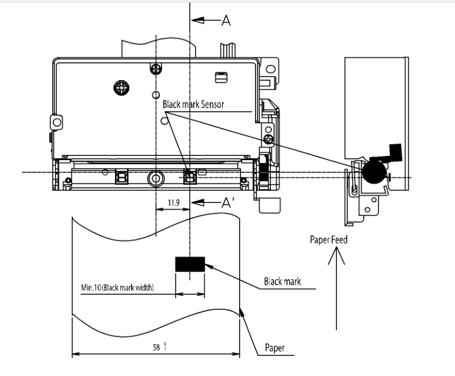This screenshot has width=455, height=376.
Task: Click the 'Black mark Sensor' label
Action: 193,105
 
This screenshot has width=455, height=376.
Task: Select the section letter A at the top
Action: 226,21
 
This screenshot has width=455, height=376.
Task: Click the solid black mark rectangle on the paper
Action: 190,264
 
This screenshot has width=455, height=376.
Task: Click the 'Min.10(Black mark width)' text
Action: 117,287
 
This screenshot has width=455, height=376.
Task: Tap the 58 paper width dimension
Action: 158,347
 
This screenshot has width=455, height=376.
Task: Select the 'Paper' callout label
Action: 275,349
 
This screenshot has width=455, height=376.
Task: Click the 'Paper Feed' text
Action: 328,240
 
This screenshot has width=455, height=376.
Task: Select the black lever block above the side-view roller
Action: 394,150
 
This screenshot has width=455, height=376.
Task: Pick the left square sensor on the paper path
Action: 121,177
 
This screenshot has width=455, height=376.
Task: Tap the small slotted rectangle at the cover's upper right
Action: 220,76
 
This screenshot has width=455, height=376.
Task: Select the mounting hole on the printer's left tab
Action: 57,122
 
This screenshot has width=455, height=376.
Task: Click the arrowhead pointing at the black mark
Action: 208,266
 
